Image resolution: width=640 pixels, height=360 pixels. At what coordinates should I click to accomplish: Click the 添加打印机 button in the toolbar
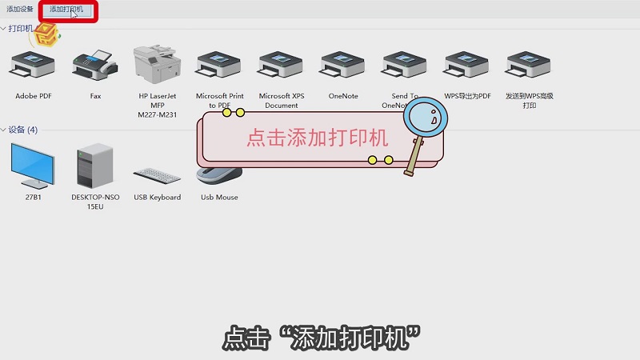coord(66,10)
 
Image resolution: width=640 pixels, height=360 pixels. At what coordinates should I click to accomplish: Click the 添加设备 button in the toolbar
coord(20,10)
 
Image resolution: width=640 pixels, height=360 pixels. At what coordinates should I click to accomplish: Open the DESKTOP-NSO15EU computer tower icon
coord(94,166)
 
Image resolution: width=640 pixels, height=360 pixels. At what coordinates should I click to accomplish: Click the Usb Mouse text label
coord(219,197)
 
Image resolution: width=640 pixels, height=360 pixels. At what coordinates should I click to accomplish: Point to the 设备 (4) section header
coord(23,130)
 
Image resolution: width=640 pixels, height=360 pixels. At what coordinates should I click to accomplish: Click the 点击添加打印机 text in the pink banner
coord(317,138)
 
